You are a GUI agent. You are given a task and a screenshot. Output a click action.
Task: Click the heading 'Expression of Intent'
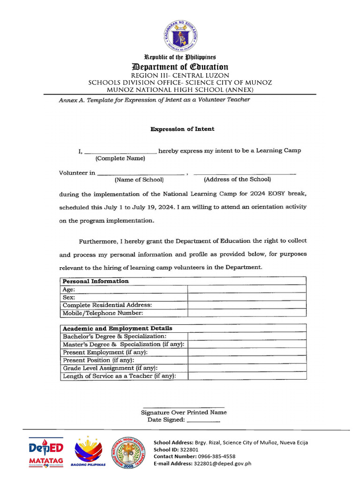tap(182, 129)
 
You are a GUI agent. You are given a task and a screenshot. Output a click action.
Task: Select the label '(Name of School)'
tap(139, 180)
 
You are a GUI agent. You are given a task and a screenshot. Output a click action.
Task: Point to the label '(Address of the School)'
tap(237, 179)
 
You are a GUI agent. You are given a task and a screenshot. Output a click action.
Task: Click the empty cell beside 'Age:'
tap(247, 290)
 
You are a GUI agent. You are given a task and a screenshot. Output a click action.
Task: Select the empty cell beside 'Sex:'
tap(247, 297)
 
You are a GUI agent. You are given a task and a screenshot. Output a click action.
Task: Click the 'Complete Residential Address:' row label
tap(107, 305)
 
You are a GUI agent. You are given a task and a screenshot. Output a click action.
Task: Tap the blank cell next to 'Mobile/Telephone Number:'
tap(247, 313)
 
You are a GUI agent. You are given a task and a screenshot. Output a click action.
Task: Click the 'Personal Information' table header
tap(96, 281)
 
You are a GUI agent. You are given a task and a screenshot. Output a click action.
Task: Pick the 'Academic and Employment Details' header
tap(117, 328)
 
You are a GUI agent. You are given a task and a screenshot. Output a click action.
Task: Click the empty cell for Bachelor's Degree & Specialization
tap(247, 337)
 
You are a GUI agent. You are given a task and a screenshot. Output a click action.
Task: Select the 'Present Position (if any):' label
tap(98, 360)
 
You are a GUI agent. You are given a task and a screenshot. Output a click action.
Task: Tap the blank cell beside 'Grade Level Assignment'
tap(247, 368)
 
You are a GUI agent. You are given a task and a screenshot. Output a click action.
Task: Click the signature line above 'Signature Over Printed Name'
tap(183, 406)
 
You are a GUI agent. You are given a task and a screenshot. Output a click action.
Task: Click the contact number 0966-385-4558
tap(217, 456)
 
